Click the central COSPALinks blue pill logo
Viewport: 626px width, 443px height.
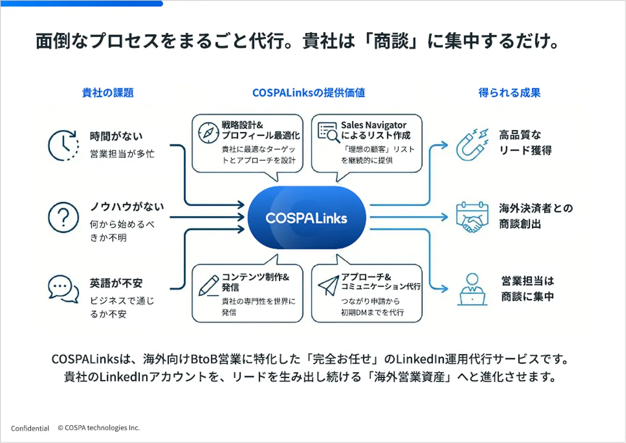(x=307, y=218)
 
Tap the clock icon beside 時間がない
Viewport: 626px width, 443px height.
(x=63, y=145)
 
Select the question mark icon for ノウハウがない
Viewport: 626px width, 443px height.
(x=63, y=217)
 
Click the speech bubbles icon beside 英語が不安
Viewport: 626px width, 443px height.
(x=63, y=289)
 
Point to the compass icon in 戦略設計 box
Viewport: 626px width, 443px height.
(x=208, y=133)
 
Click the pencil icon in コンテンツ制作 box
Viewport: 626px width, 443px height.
(x=208, y=285)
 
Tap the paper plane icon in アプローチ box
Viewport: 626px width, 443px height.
(x=328, y=285)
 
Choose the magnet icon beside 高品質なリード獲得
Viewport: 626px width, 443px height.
(x=472, y=144)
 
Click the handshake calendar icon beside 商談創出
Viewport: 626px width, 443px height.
(x=472, y=217)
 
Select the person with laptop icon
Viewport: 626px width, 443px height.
(x=472, y=289)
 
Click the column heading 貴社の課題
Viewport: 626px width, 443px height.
(x=108, y=93)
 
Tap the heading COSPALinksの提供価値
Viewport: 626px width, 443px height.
(x=308, y=93)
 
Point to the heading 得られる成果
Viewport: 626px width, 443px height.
(x=509, y=93)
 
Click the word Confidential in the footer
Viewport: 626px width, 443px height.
(x=30, y=428)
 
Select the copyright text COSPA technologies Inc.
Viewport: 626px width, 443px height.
(x=99, y=428)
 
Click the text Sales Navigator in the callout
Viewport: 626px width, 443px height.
(x=373, y=125)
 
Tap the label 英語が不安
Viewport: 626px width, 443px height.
(x=116, y=283)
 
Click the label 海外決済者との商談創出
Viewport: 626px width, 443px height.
(x=536, y=216)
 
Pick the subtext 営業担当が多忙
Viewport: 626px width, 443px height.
(x=122, y=154)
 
